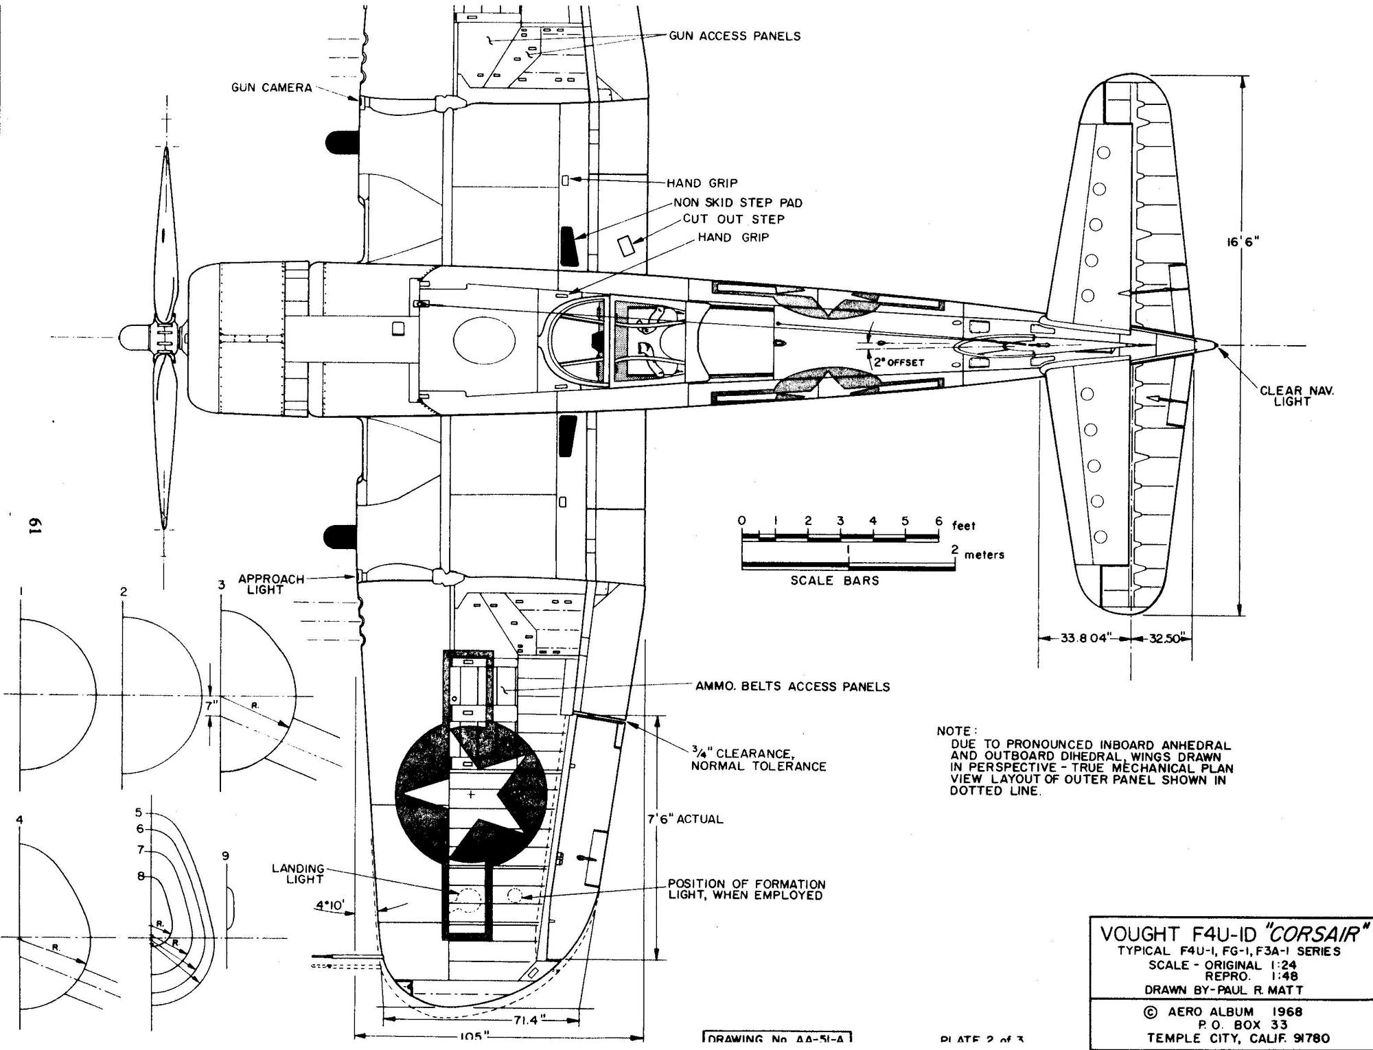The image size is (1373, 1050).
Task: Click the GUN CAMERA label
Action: (271, 88)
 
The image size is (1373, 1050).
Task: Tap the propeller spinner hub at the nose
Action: (130, 337)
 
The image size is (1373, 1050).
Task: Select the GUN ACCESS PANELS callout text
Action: (735, 36)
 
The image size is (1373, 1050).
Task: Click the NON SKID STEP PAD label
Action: (737, 202)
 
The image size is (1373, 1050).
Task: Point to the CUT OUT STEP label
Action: (733, 219)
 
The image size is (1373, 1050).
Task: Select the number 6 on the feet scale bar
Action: (938, 521)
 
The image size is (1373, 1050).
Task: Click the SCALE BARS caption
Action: (834, 581)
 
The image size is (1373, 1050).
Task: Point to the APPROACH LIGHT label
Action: (271, 584)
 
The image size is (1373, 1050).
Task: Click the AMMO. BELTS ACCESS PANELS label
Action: (792, 686)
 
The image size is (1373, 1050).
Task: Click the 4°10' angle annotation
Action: (331, 906)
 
